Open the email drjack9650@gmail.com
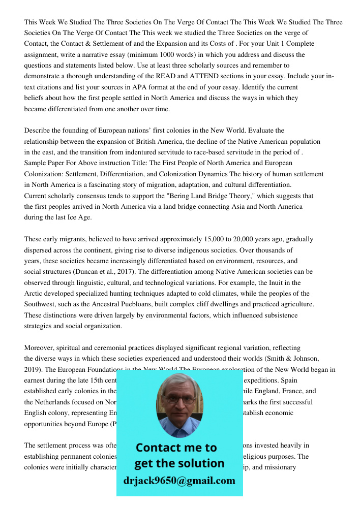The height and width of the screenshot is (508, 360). (x=179, y=481)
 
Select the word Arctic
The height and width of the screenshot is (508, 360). (x=34, y=294)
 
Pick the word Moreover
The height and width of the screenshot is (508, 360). (x=41, y=348)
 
